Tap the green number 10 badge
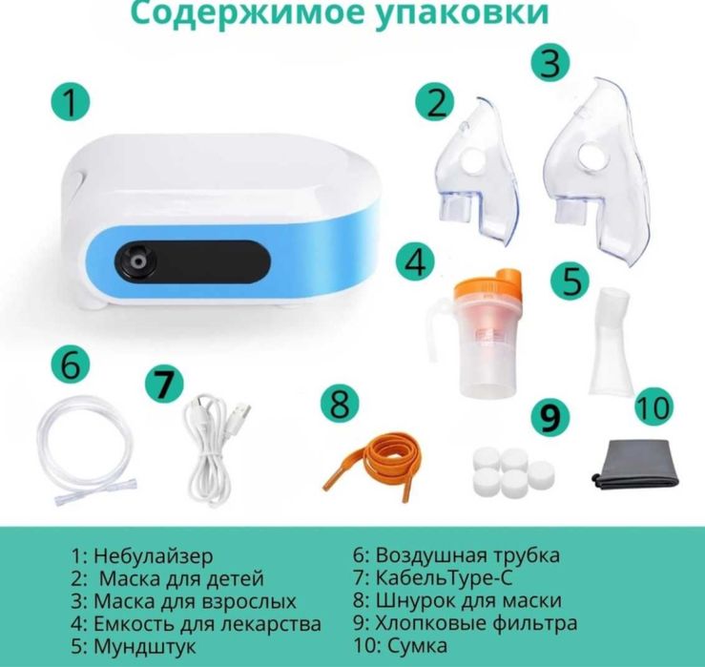(653, 408)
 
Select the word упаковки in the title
(465, 14)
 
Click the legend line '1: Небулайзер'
(142, 555)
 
